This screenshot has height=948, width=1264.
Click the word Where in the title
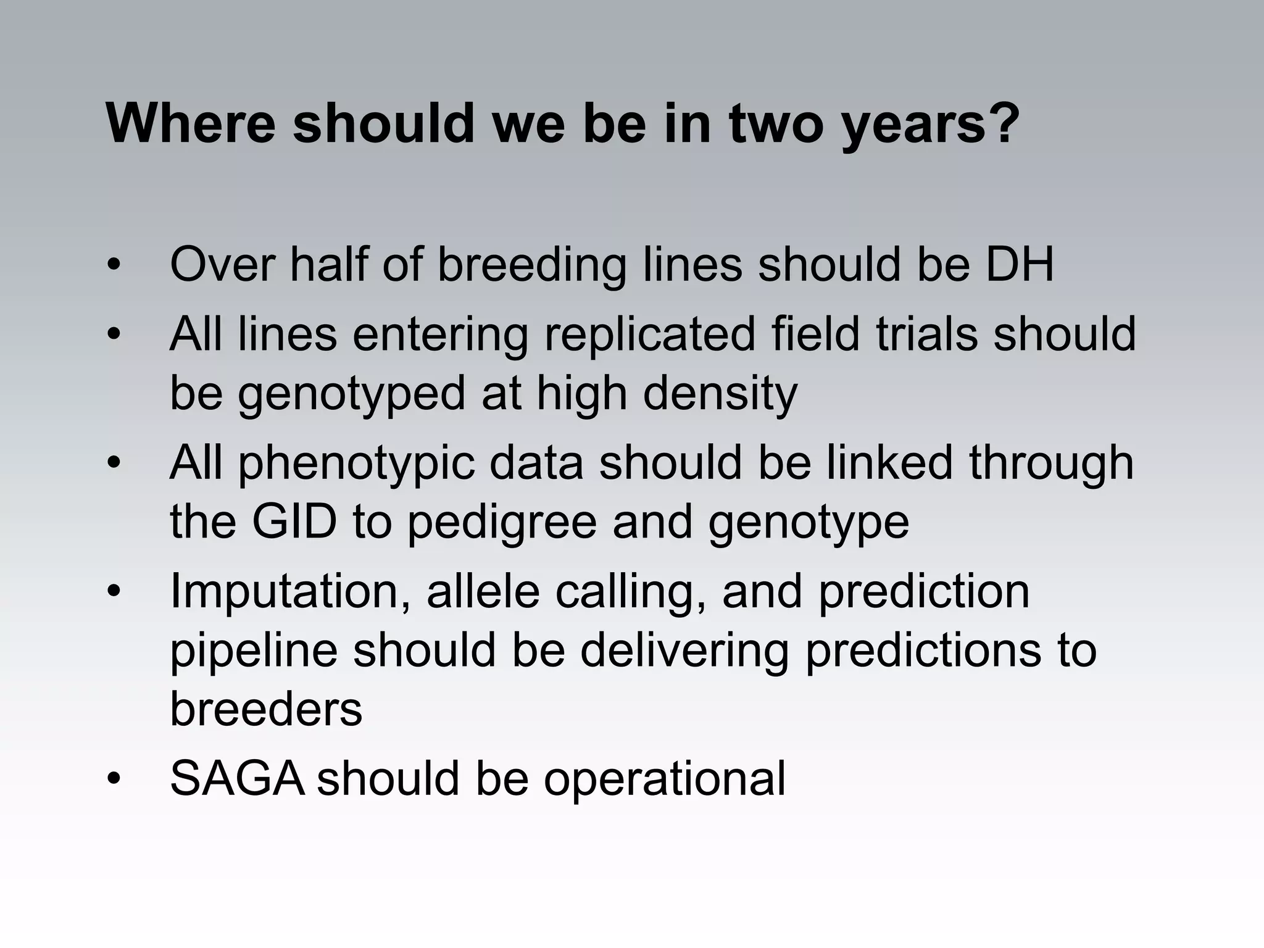tap(190, 123)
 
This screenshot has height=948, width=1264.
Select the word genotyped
tap(351, 396)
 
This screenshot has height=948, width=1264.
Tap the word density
tap(720, 396)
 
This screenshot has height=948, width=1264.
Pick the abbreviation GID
tap(294, 522)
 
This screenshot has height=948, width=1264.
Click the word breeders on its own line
tap(266, 710)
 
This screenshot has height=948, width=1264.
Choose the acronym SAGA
tap(237, 779)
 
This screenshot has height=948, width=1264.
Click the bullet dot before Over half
tap(114, 266)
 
